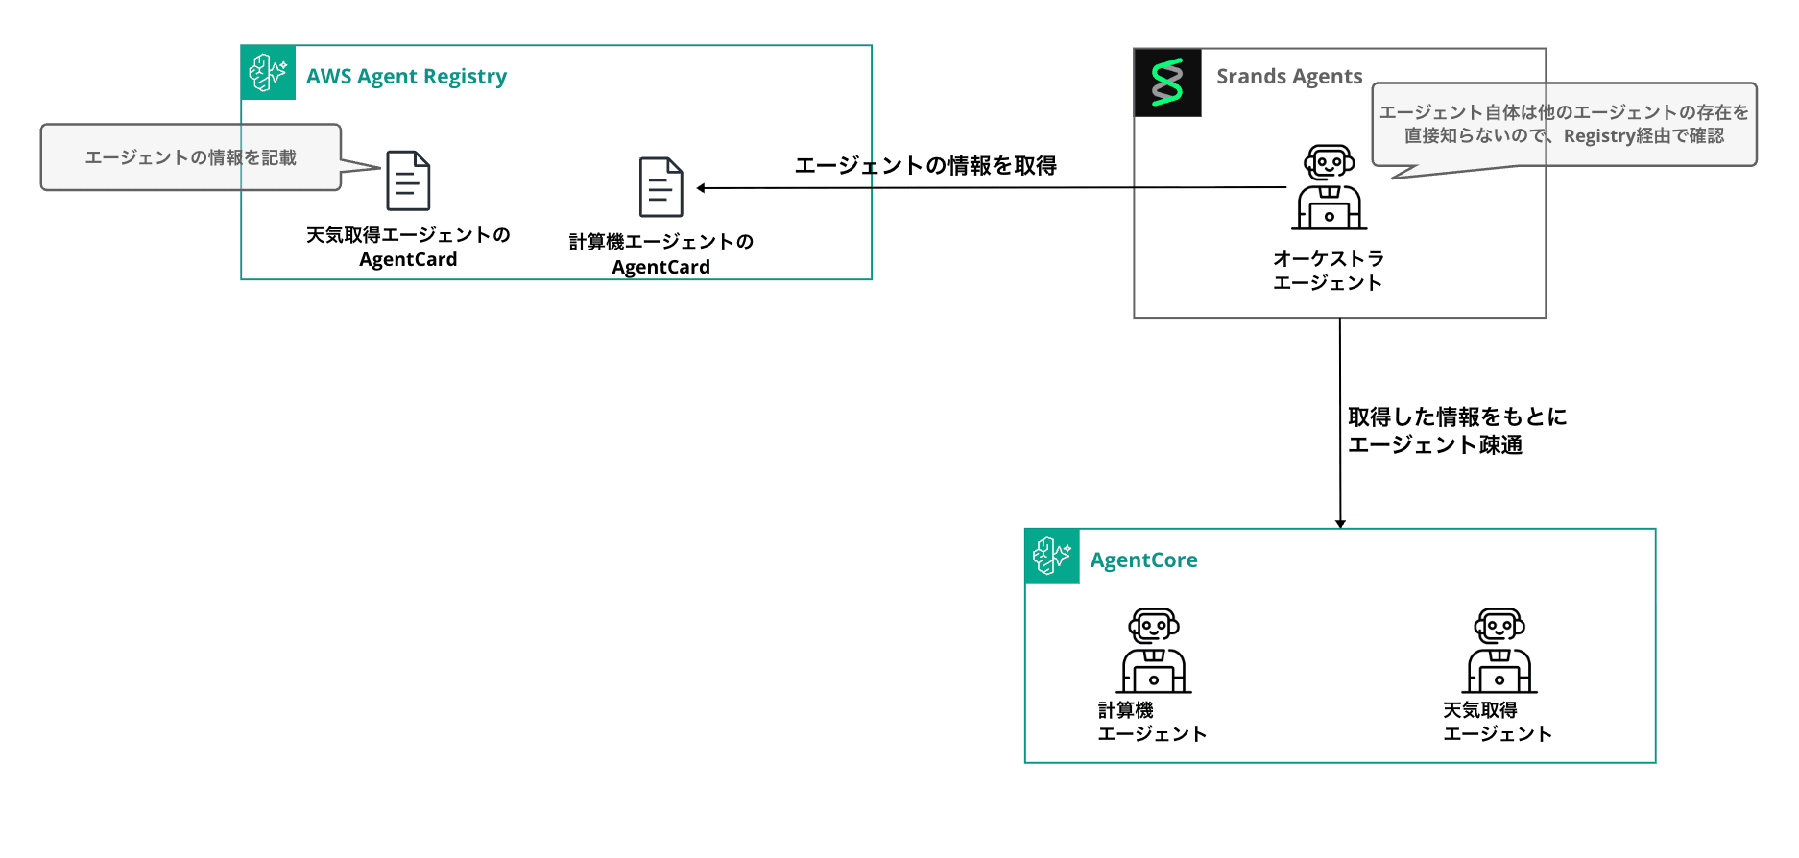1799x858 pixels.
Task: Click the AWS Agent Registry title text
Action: [x=406, y=77]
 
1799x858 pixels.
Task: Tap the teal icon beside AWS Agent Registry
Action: [x=268, y=73]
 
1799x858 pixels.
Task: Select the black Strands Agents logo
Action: [x=1167, y=83]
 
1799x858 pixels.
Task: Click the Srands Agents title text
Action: [x=1289, y=77]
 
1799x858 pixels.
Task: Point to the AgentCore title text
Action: [x=1143, y=560]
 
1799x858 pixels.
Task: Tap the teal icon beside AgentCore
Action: [x=1052, y=556]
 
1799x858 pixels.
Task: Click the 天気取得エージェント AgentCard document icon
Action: [x=408, y=180]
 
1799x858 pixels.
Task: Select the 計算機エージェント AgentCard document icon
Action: [x=661, y=187]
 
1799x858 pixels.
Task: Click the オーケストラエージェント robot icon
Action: [x=1329, y=188]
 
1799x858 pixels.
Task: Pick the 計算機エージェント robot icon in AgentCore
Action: [x=1154, y=651]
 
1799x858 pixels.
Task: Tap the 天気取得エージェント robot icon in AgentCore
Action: [x=1499, y=651]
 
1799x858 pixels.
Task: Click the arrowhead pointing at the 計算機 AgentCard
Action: [x=702, y=188]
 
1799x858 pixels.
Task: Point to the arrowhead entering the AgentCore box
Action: [x=1340, y=523]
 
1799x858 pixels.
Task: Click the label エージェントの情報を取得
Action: [x=925, y=166]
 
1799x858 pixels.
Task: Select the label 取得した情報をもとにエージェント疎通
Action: [x=1456, y=431]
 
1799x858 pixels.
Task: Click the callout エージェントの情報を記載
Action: [x=190, y=157]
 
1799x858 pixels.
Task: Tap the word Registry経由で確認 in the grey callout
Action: [x=1643, y=136]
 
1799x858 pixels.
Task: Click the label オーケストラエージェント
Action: [x=1328, y=271]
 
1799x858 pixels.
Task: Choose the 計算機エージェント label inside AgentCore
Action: [x=1152, y=723]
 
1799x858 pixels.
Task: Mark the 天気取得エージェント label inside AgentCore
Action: [x=1498, y=723]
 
